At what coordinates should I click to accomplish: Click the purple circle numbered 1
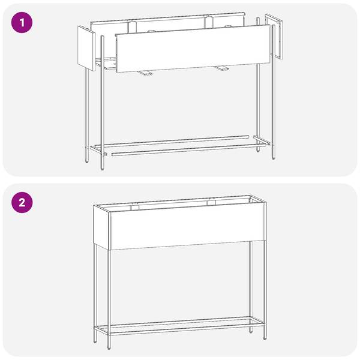pyautogui.click(x=22, y=23)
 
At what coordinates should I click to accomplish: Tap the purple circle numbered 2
pyautogui.click(x=22, y=203)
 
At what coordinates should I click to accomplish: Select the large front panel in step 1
pyautogui.click(x=193, y=49)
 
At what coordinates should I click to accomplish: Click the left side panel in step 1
pyautogui.click(x=86, y=48)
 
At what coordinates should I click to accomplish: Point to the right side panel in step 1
pyautogui.click(x=274, y=36)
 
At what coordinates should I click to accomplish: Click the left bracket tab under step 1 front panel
pyautogui.click(x=144, y=73)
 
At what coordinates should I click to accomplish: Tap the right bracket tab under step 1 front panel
pyautogui.click(x=221, y=68)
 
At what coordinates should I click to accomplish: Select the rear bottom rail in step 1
pyautogui.click(x=172, y=141)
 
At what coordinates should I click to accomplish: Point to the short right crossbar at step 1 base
pyautogui.click(x=262, y=140)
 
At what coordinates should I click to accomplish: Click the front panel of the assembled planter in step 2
pyautogui.click(x=188, y=226)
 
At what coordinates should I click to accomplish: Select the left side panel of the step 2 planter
pyautogui.click(x=102, y=227)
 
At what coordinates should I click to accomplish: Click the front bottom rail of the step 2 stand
pyautogui.click(x=187, y=329)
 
